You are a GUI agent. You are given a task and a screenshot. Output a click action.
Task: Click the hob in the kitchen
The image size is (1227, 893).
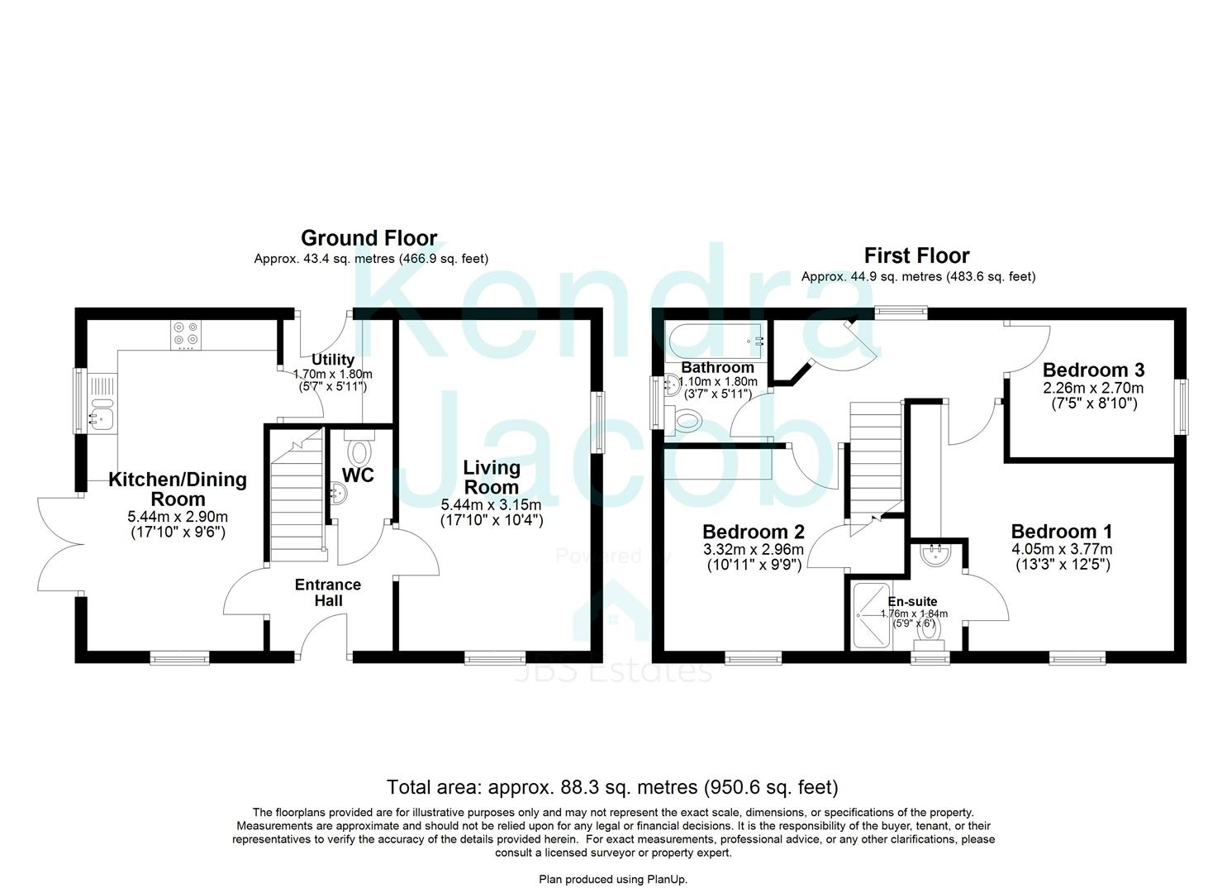pyautogui.click(x=187, y=334)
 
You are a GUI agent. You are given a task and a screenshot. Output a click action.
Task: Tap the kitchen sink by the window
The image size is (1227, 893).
pyautogui.click(x=101, y=403)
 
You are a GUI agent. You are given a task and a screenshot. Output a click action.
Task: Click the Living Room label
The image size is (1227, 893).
pyautogui.click(x=492, y=477)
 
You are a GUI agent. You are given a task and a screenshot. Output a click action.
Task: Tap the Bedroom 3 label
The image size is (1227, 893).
pyautogui.click(x=1093, y=370)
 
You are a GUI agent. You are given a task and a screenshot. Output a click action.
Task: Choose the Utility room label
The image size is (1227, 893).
pyautogui.click(x=332, y=360)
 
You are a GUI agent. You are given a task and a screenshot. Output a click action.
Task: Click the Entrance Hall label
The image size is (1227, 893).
pyautogui.click(x=327, y=593)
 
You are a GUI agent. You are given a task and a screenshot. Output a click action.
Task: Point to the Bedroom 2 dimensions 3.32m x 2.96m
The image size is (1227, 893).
pyautogui.click(x=754, y=549)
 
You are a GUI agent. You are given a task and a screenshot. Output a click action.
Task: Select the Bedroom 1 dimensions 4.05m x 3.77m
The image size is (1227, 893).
pyautogui.click(x=1062, y=549)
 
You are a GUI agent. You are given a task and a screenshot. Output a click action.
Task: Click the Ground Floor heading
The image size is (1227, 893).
pyautogui.click(x=369, y=238)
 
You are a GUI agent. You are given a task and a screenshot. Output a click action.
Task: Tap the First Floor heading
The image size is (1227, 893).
pyautogui.click(x=916, y=255)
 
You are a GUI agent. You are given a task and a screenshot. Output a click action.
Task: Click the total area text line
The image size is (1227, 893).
pyautogui.click(x=612, y=787)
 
